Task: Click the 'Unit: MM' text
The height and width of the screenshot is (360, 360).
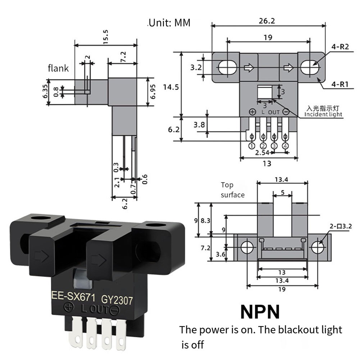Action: coord(169,23)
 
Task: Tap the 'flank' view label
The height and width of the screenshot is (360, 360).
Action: coord(58,68)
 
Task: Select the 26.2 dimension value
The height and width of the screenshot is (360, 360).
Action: coord(266,21)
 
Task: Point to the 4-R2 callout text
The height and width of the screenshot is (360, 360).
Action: coord(340,47)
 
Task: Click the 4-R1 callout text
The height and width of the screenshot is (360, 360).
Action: coord(340,85)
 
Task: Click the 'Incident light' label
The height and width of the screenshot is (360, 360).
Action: coord(323,114)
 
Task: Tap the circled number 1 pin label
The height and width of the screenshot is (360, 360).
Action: coord(251,146)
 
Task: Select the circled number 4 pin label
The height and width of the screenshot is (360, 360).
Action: coord(286,146)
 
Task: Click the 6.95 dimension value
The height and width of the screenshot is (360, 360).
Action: coord(153,92)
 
